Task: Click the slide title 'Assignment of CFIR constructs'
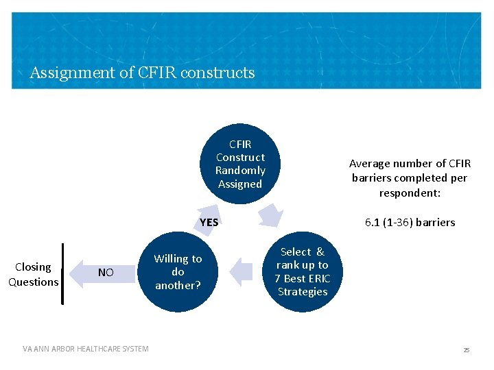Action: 142,73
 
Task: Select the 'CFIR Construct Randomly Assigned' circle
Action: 239,164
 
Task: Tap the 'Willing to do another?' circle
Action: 178,272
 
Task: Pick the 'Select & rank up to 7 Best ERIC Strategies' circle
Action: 303,272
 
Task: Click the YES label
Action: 209,222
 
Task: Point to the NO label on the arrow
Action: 106,273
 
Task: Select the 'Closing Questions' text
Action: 33,274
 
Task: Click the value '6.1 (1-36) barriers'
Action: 410,222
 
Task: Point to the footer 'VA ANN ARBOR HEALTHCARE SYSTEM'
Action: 85,349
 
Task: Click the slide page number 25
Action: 466,349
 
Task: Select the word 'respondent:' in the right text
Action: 410,193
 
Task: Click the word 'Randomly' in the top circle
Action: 239,171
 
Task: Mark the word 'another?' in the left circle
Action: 178,285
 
